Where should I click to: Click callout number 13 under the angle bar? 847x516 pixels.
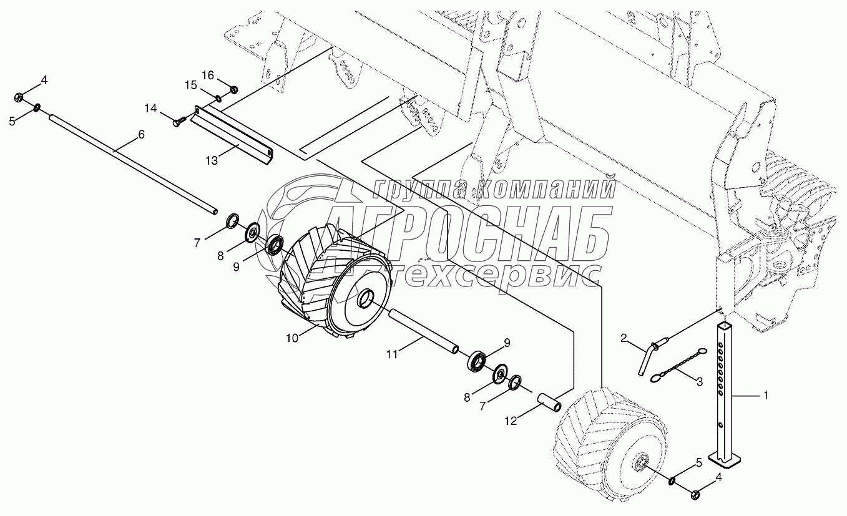(212, 160)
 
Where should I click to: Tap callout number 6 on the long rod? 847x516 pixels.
(142, 134)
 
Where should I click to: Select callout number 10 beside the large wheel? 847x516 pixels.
(292, 338)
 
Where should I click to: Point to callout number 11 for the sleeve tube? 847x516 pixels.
(392, 354)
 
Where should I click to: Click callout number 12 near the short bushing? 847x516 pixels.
(511, 421)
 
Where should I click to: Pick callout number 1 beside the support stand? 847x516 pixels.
(766, 396)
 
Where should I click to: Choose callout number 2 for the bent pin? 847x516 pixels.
(624, 338)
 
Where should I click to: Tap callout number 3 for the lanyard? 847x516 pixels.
(700, 382)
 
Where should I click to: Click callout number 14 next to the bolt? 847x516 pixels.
(150, 109)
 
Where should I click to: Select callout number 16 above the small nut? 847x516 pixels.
(208, 75)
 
